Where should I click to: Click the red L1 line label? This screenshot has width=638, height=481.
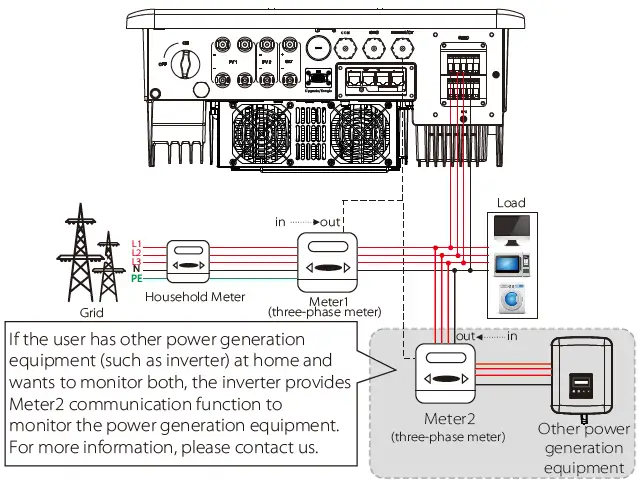[x=137, y=243]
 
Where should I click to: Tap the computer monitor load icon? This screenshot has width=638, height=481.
[x=511, y=229]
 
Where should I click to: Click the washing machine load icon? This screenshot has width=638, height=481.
[x=511, y=298]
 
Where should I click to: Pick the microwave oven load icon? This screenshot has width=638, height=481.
[x=511, y=264]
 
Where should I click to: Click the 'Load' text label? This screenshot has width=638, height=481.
[x=511, y=203]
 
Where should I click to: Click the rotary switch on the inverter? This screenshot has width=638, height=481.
[x=183, y=65]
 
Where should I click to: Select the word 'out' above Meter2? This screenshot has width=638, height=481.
[x=465, y=336]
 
